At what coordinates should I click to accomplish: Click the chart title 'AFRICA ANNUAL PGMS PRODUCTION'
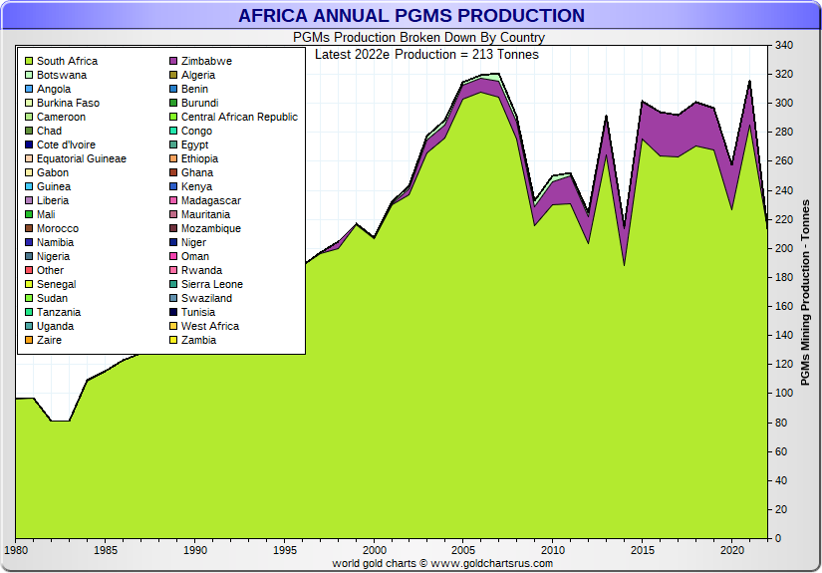(411, 16)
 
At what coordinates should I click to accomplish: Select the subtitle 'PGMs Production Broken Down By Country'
(418, 38)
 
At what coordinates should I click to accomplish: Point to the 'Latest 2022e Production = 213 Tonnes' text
(426, 54)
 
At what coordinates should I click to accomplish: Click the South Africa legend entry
(67, 61)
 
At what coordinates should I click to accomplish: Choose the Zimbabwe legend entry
(206, 61)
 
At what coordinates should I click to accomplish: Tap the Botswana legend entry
(62, 75)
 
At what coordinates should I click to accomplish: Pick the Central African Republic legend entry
(239, 117)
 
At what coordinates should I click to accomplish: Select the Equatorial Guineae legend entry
(82, 158)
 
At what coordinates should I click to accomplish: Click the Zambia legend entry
(198, 340)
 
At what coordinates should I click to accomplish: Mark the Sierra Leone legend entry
(212, 284)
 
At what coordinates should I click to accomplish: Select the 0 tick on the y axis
(780, 538)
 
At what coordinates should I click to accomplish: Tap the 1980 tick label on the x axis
(16, 549)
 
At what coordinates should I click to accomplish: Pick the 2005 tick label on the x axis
(463, 549)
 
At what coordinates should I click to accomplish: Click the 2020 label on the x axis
(732, 549)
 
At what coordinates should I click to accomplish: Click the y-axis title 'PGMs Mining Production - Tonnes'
(805, 292)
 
